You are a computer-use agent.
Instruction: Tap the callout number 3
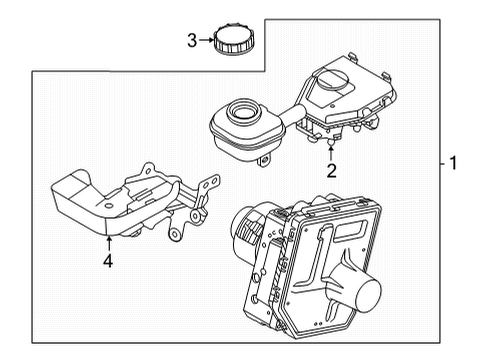193,40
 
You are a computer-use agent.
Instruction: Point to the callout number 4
108,263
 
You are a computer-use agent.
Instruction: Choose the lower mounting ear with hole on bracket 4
177,233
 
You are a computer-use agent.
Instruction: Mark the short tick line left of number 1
438,161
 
